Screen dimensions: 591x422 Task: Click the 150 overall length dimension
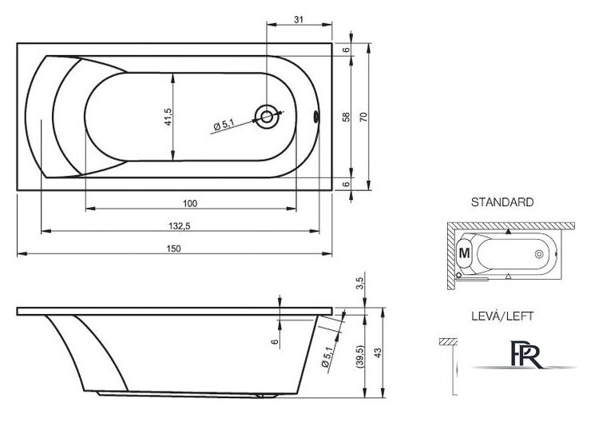174,249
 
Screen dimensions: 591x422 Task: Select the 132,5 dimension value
180,226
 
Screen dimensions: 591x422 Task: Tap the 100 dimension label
190,203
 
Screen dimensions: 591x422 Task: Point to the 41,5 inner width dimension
168,117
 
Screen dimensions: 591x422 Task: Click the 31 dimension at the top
299,19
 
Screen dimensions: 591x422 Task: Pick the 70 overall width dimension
363,117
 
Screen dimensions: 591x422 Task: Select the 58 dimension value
347,117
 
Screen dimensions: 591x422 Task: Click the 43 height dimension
378,353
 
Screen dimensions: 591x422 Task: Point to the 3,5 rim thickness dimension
360,283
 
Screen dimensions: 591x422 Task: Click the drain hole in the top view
267,117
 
